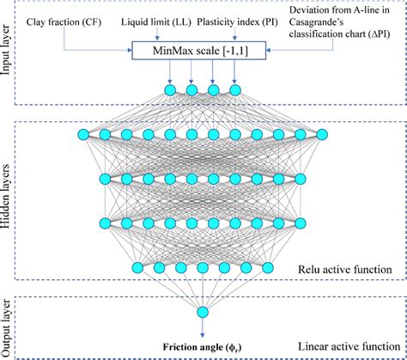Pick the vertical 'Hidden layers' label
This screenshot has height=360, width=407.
pos(8,199)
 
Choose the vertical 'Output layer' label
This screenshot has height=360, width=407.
pos(8,326)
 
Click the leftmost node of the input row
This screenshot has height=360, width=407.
pos(170,88)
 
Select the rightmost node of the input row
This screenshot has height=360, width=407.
pos(234,88)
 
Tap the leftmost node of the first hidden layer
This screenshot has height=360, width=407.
pos(82,134)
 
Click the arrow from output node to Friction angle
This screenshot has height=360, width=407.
pos(203,327)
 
